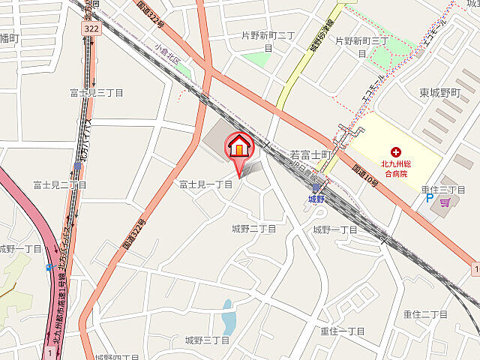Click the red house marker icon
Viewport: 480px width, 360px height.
point(239,145)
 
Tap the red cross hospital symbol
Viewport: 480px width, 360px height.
point(395,152)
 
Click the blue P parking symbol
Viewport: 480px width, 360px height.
point(430,199)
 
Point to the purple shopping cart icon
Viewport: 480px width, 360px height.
point(445,201)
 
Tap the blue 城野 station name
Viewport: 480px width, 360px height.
point(316,199)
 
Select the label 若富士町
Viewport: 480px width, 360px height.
point(310,154)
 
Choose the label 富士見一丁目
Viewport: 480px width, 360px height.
point(205,184)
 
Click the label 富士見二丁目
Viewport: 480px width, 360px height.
point(60,184)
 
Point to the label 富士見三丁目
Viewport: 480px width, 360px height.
point(96,92)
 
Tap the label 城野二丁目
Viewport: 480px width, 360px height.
point(253,228)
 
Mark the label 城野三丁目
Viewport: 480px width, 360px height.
point(207,340)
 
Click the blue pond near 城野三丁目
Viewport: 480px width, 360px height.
point(228,319)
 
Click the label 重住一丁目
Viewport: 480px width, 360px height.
point(342,331)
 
